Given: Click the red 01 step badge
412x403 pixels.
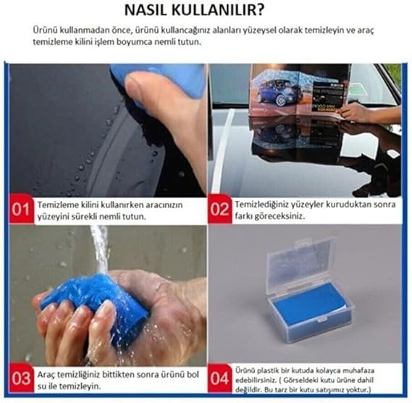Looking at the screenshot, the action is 21,209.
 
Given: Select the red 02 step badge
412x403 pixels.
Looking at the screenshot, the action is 219,209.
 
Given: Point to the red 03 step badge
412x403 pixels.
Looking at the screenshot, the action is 21,378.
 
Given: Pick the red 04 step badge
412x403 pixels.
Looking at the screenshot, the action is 219,378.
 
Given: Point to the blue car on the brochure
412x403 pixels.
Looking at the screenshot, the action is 272,93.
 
